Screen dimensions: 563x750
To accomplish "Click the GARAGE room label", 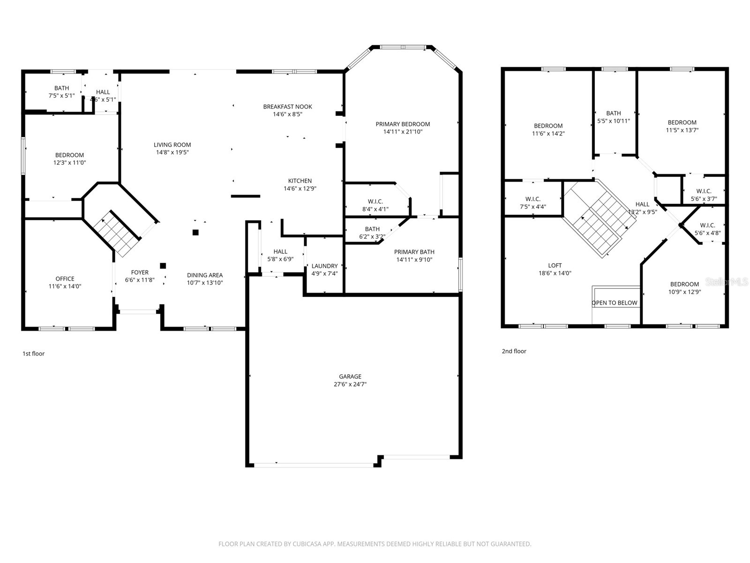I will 350,376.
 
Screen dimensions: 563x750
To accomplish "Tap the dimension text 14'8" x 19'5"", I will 172,152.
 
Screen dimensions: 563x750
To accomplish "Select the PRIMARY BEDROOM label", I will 403,124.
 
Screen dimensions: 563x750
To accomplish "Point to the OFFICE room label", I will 65,279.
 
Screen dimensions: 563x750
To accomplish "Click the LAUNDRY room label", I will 324,266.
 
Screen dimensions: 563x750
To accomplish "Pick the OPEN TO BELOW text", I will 614,303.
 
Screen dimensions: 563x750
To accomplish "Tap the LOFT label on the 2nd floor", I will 555,266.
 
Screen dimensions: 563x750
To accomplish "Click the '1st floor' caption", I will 33,354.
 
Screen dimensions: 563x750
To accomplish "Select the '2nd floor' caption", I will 514,351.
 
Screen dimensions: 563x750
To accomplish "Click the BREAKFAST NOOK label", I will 287,107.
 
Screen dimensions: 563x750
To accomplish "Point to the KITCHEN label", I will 300,181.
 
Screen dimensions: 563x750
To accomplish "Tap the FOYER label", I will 140,272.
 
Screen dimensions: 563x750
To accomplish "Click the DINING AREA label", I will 205,275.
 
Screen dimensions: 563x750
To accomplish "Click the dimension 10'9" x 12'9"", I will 684,292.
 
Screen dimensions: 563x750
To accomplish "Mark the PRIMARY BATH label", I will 414,252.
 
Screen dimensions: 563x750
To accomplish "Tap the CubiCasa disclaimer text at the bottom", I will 375,544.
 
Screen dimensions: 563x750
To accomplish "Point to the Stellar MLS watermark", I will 727,282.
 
